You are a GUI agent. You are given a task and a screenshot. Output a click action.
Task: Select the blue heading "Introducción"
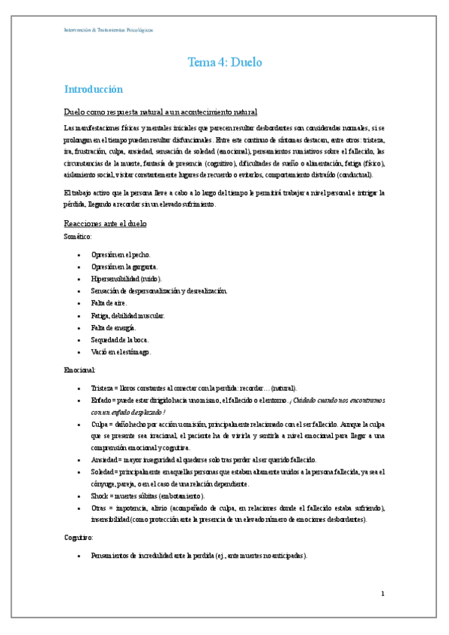(93, 89)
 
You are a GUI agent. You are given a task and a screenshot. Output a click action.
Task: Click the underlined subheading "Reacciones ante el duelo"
(105, 224)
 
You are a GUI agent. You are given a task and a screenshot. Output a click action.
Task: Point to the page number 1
(382, 594)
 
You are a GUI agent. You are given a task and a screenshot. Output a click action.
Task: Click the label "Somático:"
(78, 236)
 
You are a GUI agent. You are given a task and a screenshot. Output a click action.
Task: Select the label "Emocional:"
(80, 369)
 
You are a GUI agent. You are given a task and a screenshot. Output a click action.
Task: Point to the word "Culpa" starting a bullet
(100, 425)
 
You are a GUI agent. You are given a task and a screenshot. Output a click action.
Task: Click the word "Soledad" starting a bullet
(103, 472)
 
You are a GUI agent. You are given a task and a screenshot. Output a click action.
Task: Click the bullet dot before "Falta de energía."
(79, 328)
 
